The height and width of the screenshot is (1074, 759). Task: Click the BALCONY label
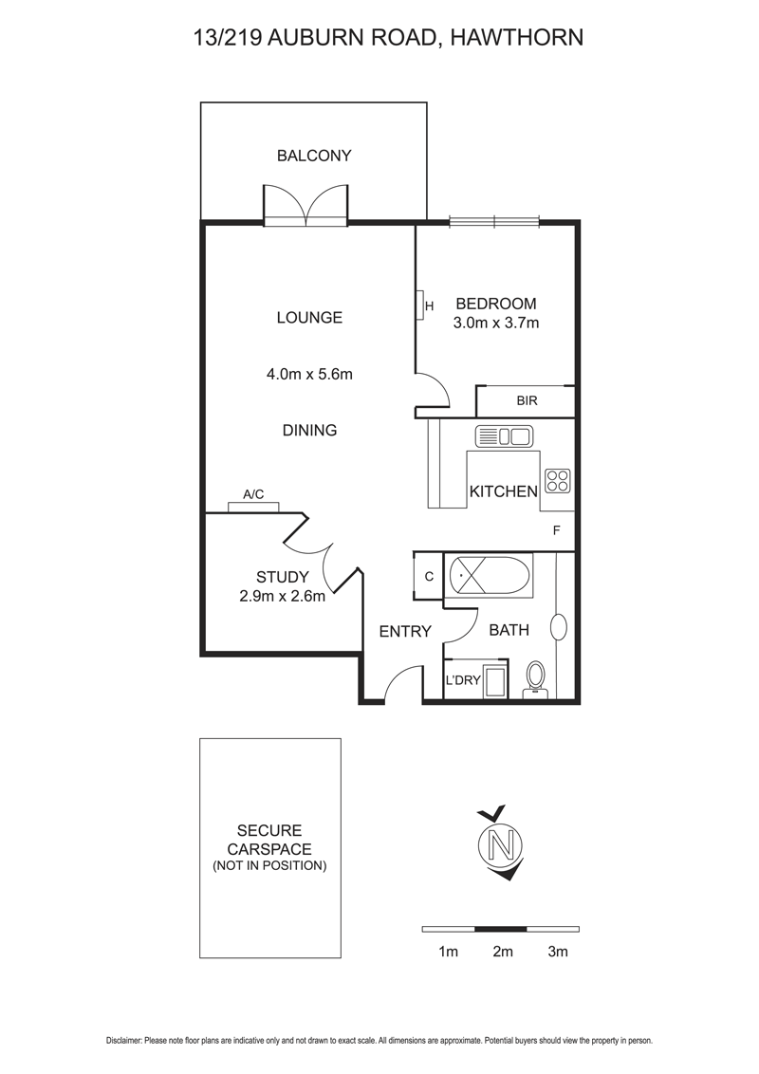click(313, 156)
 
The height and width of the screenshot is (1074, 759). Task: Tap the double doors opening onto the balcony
click(305, 207)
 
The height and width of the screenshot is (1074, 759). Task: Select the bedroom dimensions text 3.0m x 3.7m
click(496, 324)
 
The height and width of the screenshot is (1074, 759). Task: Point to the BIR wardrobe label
click(527, 400)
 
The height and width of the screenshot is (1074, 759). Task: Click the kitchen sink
click(504, 436)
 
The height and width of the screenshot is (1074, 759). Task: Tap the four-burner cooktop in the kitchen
click(557, 481)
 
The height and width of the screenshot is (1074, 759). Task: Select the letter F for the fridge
click(557, 531)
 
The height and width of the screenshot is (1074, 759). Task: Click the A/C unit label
click(253, 494)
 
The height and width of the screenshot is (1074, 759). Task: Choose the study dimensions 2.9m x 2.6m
click(282, 597)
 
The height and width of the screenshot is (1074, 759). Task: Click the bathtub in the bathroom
click(490, 576)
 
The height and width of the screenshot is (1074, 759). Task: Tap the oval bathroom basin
click(559, 626)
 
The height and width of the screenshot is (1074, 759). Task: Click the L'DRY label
click(462, 681)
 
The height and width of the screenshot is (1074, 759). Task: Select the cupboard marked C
click(429, 577)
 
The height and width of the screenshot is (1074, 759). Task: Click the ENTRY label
click(405, 631)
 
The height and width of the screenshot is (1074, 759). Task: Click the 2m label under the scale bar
click(502, 952)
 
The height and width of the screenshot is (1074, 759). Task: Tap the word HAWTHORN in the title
click(516, 37)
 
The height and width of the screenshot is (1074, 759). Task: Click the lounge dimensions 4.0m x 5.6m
click(309, 374)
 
